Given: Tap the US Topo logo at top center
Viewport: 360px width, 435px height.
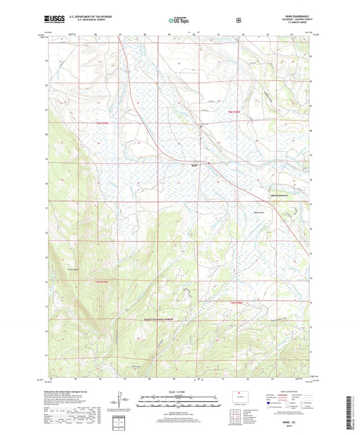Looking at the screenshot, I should click(x=180, y=20).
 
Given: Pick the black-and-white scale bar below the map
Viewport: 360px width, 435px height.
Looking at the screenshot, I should click(x=179, y=401).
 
